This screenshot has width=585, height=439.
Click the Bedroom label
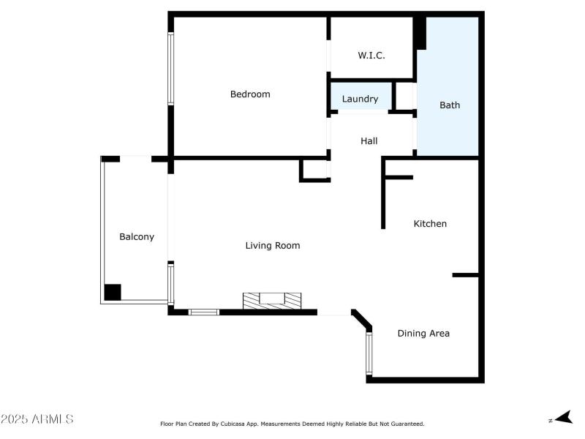tap(250, 94)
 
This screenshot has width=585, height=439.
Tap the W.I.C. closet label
tap(371, 56)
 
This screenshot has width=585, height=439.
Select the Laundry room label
tap(360, 100)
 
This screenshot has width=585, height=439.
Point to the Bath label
tap(450, 105)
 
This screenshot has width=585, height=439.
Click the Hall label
tap(369, 141)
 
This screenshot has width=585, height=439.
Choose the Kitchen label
tap(430, 224)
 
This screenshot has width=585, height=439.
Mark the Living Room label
tap(272, 246)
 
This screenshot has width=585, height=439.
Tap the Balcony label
tap(137, 237)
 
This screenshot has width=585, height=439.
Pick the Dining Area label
tap(423, 334)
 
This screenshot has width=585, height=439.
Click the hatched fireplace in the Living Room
tap(273, 301)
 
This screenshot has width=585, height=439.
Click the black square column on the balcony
tap(112, 293)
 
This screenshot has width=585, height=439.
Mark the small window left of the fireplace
tap(203, 312)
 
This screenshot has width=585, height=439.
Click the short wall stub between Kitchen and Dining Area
tap(465, 275)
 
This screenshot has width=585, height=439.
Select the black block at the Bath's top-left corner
tap(420, 34)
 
